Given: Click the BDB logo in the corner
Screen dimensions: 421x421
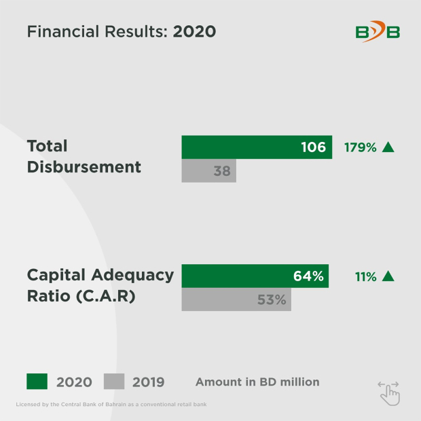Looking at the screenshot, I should point(378,31).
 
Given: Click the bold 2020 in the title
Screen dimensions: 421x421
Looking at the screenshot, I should point(194,32).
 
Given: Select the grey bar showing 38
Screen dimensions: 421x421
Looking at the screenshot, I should point(208,171).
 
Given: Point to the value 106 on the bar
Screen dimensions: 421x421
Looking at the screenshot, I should point(313,147).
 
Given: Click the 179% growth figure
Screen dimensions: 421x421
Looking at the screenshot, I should point(360,147).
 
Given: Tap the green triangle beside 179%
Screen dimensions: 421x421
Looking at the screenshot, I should point(388,147).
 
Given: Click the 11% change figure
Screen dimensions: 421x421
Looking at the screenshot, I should point(365,276).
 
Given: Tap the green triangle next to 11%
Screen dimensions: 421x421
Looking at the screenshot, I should point(388,276).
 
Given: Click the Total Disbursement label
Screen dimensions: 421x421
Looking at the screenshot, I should point(84,156).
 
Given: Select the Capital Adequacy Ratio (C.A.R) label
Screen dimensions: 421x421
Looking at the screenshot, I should point(100,286).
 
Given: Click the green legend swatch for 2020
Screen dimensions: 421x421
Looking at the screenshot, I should point(37,382).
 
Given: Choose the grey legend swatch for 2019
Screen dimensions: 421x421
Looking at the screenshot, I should point(114,382).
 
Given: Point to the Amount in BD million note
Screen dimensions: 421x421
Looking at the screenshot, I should point(257,382).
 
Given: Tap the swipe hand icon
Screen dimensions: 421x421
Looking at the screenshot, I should point(389,392).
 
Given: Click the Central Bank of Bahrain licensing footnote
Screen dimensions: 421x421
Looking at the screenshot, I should point(111,405).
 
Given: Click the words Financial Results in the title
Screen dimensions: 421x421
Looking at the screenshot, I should point(96,32).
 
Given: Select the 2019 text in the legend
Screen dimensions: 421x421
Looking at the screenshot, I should point(148,382).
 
